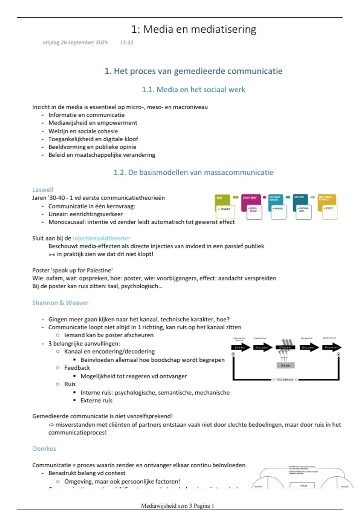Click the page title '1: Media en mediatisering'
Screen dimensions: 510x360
(x=193, y=29)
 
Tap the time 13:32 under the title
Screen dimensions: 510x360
(x=126, y=43)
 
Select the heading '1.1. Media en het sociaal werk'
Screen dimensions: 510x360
(x=193, y=89)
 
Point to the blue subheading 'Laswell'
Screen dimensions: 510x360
(x=43, y=190)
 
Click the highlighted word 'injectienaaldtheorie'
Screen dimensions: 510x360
(x=100, y=238)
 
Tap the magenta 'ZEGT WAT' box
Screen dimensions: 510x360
(x=250, y=199)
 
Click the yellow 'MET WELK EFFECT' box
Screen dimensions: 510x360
(x=326, y=199)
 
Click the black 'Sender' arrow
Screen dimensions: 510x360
(x=240, y=347)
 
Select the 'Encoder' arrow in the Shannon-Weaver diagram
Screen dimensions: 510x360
(x=262, y=347)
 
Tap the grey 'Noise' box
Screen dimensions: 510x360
(x=285, y=365)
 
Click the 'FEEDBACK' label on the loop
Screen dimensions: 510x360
(x=285, y=379)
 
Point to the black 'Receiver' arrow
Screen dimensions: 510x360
(x=331, y=347)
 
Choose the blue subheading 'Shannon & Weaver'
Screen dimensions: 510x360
(x=60, y=303)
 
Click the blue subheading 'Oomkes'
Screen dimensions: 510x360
(x=44, y=448)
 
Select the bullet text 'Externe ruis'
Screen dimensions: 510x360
(x=96, y=400)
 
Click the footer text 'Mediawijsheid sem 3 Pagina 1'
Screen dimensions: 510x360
(x=178, y=505)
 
